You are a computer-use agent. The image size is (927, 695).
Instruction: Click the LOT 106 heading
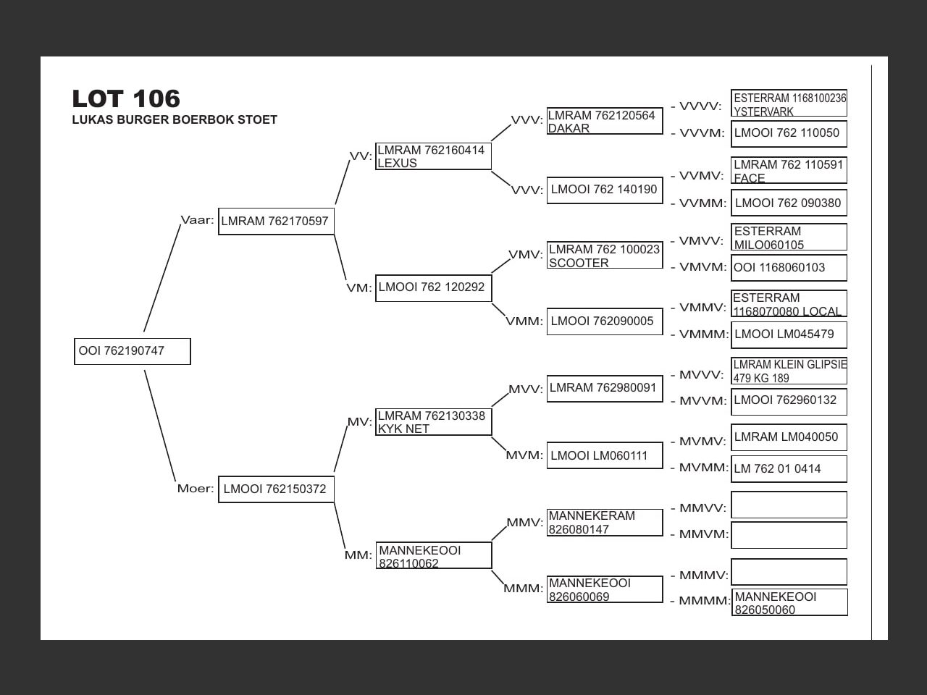(x=126, y=98)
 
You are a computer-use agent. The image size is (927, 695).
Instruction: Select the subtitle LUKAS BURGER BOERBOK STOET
(x=175, y=120)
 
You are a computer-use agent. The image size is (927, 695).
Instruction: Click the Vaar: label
(x=197, y=220)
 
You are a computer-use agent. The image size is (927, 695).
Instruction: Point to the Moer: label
(x=196, y=489)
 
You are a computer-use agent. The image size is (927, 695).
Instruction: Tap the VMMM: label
(x=704, y=334)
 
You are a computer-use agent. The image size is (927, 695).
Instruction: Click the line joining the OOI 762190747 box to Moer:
(x=160, y=426)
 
